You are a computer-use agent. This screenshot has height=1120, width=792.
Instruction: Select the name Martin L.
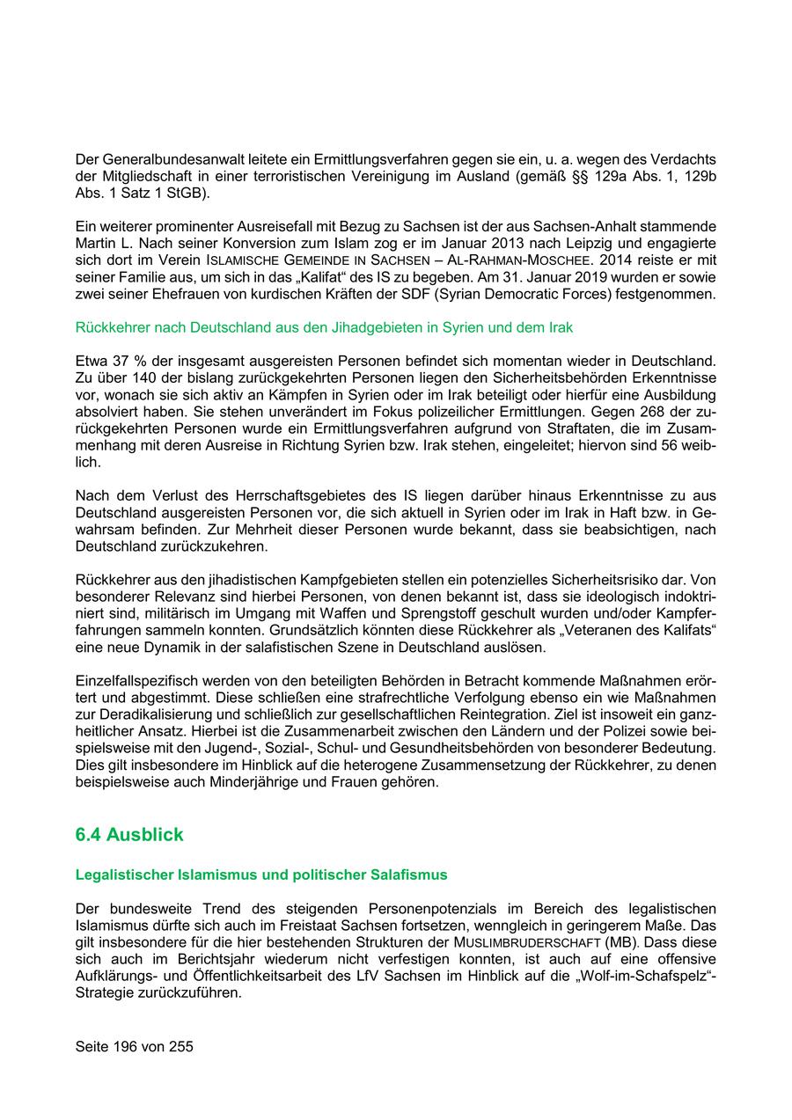click(x=104, y=242)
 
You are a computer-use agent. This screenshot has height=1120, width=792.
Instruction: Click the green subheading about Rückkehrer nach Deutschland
click(x=324, y=327)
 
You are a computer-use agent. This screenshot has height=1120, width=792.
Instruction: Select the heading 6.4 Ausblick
click(x=129, y=834)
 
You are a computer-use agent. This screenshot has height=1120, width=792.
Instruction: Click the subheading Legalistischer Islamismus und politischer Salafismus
click(x=261, y=875)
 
